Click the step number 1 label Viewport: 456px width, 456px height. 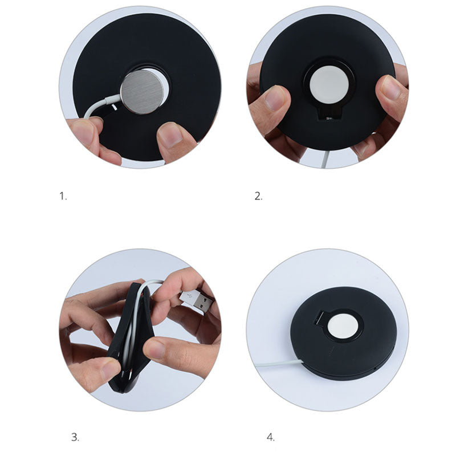pyautogui.click(x=63, y=196)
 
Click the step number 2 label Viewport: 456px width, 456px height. pyautogui.click(x=258, y=196)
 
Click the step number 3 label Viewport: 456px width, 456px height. pyautogui.click(x=75, y=437)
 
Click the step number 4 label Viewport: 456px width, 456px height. pyautogui.click(x=270, y=437)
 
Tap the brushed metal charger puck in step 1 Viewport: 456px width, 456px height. pyautogui.click(x=141, y=92)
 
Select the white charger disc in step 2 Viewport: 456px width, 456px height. pyautogui.click(x=329, y=84)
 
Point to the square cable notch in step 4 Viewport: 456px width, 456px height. pyautogui.click(x=319, y=318)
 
